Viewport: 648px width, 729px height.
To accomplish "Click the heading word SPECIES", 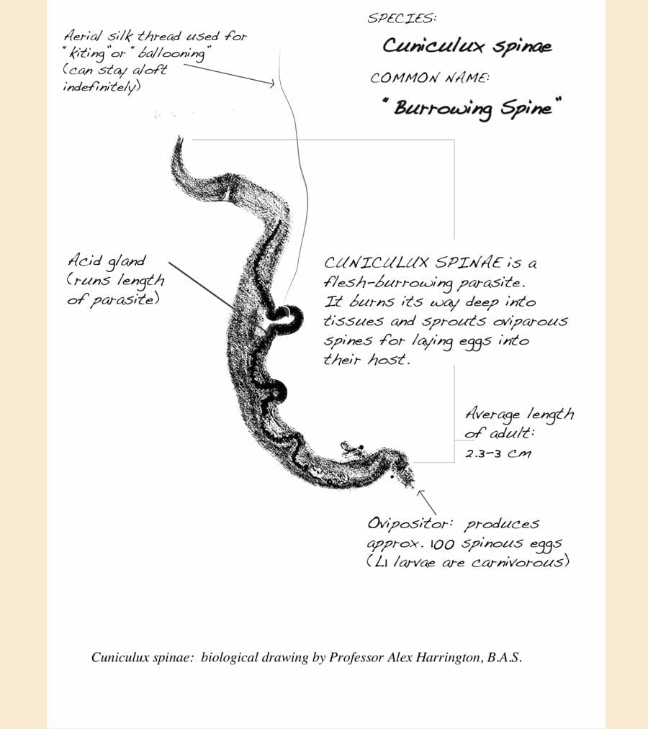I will (x=402, y=18).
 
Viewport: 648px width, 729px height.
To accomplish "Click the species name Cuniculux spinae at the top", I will (x=467, y=47).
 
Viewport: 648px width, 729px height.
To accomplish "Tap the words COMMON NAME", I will (x=429, y=78).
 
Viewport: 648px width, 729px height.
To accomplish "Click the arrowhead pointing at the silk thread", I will (x=272, y=84).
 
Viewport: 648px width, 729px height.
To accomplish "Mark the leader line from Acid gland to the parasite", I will (x=202, y=284).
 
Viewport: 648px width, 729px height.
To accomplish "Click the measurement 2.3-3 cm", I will (x=498, y=454).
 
